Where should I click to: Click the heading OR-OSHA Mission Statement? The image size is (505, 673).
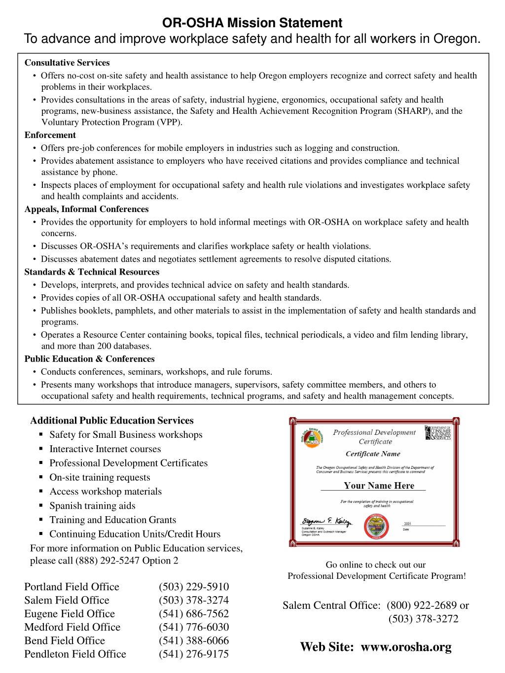(x=252, y=23)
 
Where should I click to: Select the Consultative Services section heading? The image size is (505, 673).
(x=67, y=63)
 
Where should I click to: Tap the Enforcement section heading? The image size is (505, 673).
(x=50, y=135)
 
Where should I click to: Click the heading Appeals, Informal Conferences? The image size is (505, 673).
(x=86, y=209)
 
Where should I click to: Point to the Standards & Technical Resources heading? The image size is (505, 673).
(x=92, y=272)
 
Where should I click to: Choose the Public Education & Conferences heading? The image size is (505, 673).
(x=89, y=359)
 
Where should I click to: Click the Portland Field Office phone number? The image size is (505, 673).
(x=194, y=587)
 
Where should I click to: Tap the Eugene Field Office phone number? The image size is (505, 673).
(x=194, y=613)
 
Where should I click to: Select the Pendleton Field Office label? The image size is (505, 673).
(x=75, y=654)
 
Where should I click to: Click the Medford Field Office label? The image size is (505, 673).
(x=72, y=627)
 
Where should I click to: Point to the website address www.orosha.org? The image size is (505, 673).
(x=406, y=647)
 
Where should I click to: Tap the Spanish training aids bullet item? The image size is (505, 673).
(x=92, y=505)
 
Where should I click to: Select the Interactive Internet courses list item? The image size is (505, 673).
(x=105, y=449)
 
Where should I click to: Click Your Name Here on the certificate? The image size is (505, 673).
(x=379, y=486)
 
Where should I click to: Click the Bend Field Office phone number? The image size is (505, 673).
(x=194, y=640)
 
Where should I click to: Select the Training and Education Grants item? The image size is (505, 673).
(x=112, y=520)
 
